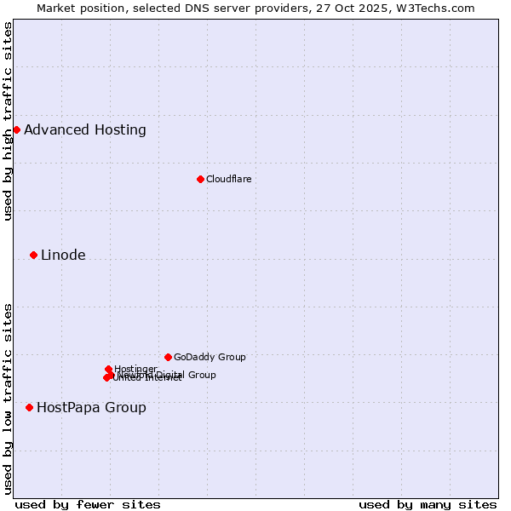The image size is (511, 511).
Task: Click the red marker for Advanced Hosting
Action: [16, 129]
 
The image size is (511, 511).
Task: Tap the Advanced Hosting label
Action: [85, 130]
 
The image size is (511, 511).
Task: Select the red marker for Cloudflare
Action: [200, 179]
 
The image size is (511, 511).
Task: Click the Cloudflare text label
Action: [228, 179]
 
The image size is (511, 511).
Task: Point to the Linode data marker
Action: [33, 255]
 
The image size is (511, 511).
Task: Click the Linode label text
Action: [63, 255]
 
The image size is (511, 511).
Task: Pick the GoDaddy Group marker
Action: [168, 357]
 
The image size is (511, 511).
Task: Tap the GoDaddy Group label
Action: [210, 358]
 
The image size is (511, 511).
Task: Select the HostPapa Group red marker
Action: [29, 407]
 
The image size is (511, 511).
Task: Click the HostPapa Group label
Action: [91, 408]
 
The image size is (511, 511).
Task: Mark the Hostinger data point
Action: [108, 369]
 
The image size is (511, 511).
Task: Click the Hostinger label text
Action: [136, 369]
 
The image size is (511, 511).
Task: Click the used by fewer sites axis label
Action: [88, 504]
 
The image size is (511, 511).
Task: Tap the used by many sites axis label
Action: [428, 504]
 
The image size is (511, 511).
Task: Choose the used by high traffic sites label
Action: [8, 121]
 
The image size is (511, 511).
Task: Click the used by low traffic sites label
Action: [8, 399]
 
